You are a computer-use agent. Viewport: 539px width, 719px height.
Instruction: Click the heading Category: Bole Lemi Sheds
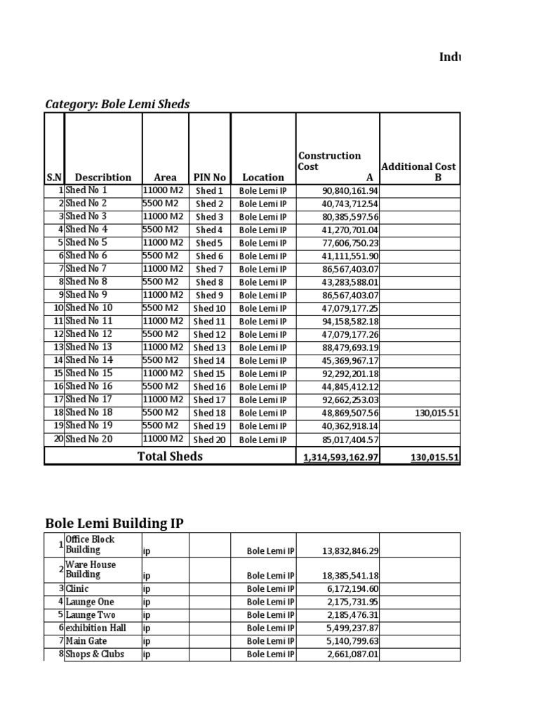[x=117, y=105]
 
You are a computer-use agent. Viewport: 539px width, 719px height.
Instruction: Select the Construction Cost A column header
[x=338, y=166]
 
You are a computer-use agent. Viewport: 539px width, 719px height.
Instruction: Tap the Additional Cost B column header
[x=418, y=171]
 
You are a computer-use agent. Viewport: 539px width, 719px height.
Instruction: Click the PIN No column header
[x=209, y=178]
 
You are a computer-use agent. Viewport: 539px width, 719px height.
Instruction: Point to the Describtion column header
[x=103, y=178]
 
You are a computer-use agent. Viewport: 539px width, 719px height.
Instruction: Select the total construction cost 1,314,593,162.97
[x=340, y=458]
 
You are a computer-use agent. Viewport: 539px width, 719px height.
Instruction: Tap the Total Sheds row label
[x=170, y=456]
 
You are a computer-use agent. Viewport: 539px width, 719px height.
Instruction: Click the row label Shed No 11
[x=89, y=321]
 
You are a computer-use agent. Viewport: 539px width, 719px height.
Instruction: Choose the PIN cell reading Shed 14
[x=209, y=361]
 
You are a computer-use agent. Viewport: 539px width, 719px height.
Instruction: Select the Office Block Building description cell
[x=91, y=545]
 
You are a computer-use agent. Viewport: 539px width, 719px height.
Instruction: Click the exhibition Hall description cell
[x=96, y=628]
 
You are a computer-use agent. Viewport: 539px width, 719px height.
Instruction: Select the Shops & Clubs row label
[x=95, y=654]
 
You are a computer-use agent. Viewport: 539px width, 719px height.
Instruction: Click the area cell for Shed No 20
[x=163, y=440]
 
